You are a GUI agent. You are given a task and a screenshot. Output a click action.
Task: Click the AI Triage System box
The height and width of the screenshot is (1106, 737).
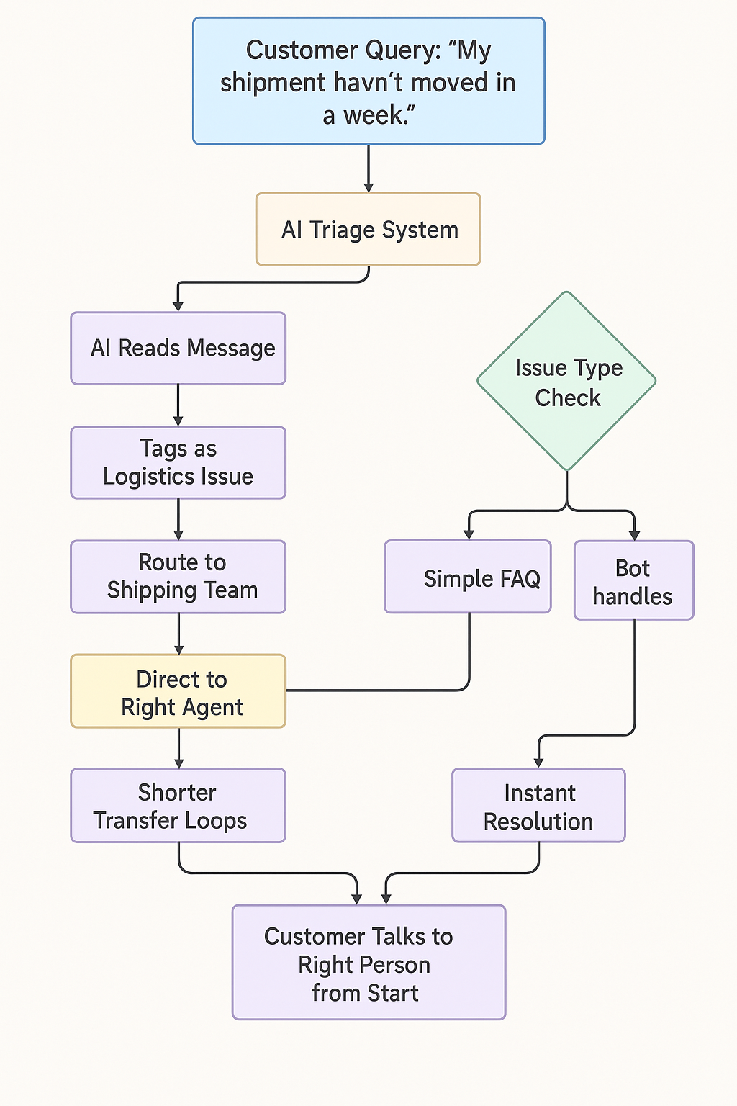368,230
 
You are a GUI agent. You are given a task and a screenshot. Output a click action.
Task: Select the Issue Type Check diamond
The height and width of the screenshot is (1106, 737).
567,382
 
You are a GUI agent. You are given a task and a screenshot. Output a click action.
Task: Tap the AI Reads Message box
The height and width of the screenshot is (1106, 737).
178,349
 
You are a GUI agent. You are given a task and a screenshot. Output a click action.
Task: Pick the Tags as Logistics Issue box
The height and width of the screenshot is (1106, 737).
178,462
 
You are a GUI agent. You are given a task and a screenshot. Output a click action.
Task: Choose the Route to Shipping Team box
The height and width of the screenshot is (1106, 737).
178,577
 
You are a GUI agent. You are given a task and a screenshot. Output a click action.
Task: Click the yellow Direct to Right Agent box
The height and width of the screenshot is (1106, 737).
178,691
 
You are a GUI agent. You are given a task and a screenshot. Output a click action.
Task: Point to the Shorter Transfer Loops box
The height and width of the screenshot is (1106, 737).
178,806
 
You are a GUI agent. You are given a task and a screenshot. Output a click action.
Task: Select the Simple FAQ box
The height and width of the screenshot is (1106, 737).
468,577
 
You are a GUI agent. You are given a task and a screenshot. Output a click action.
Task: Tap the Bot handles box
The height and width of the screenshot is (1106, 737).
633,581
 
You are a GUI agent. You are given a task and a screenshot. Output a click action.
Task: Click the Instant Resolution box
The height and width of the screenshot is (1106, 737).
538,806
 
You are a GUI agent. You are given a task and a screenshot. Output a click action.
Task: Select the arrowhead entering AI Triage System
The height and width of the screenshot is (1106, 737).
368,187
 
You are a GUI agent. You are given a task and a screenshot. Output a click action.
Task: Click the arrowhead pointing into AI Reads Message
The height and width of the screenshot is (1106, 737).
178,306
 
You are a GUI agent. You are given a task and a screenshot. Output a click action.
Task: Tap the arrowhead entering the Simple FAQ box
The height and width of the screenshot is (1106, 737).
469,534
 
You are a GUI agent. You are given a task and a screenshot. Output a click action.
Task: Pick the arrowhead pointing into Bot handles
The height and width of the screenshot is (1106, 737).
634,535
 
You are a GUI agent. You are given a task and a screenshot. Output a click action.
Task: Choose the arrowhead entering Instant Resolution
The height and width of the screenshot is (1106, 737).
538,763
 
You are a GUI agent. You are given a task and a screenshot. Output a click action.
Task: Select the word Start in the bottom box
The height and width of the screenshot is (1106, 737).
394,994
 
